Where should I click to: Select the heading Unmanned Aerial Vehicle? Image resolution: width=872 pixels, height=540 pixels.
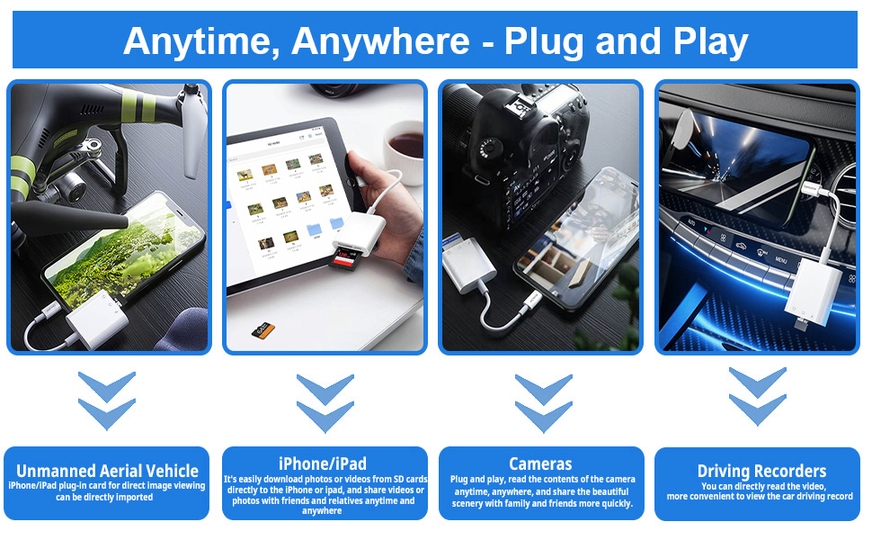click(x=107, y=471)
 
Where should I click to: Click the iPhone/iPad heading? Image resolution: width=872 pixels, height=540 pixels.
click(x=323, y=464)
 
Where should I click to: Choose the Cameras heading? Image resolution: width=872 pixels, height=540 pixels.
click(x=540, y=464)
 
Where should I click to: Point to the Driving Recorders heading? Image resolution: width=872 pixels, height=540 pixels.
click(x=761, y=472)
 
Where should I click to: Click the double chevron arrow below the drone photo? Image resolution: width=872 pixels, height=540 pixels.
click(x=107, y=400)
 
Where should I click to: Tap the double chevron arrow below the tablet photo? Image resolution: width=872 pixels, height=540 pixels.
click(x=325, y=402)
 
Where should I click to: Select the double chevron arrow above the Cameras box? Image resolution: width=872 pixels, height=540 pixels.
click(x=542, y=402)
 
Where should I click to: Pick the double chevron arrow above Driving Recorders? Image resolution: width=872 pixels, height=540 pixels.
click(x=757, y=397)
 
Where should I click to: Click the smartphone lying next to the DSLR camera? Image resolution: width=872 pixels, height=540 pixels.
click(x=575, y=238)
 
